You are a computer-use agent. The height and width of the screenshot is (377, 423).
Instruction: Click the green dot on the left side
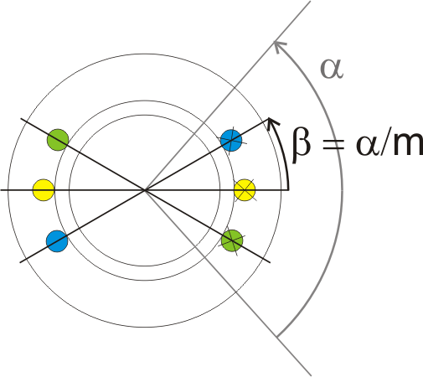pos(58,140)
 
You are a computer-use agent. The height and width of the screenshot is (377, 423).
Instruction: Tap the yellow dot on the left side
pos(44,190)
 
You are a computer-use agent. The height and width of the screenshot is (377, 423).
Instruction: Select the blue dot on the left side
pos(57,241)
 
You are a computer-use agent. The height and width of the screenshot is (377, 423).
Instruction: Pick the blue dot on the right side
pos(231,141)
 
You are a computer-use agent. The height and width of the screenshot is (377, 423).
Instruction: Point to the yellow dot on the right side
pos(245,190)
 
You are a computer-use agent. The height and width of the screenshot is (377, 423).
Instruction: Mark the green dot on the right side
pos(232,240)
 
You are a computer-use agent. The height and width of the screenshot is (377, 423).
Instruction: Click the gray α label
pos(332,69)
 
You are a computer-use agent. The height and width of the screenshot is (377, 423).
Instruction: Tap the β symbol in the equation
pos(302,144)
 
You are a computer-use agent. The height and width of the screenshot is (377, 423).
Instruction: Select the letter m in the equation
pos(408,145)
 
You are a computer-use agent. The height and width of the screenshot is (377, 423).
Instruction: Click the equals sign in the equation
pos(333,146)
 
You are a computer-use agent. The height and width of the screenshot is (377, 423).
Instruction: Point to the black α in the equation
pos(368,145)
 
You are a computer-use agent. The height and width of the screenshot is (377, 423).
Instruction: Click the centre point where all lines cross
pos(145,190)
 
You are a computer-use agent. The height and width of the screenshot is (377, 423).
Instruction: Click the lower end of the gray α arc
pos(277,337)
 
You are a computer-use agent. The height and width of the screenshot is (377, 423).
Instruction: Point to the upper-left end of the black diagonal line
pos(21,119)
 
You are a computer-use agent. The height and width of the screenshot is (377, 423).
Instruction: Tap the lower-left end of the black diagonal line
pos(20,262)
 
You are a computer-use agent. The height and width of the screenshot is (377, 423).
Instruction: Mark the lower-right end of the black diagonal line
pos(270,262)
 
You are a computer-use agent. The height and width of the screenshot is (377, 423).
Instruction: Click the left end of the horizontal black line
pos(1,190)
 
